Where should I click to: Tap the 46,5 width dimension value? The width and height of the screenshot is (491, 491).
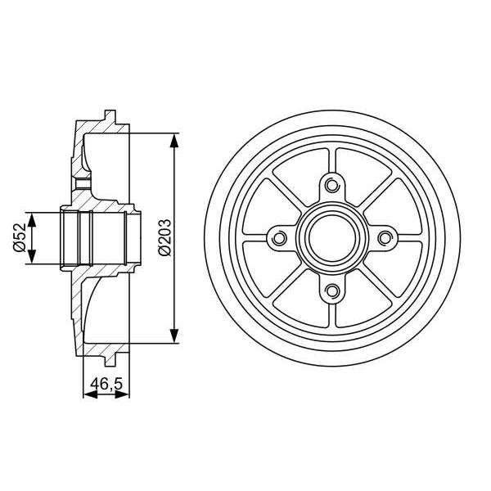tap(106, 381)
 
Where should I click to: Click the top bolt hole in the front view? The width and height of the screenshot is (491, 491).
tap(331, 185)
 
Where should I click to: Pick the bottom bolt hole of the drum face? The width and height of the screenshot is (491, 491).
tap(331, 290)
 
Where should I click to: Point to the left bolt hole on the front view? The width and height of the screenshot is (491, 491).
tap(279, 237)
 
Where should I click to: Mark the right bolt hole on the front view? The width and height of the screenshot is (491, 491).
tap(384, 237)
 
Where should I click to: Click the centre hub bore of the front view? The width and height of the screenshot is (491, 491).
tap(331, 237)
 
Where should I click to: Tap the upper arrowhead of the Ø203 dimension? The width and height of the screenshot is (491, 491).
tap(174, 139)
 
